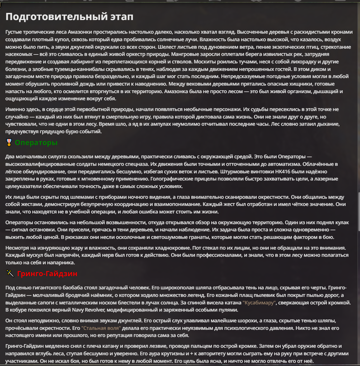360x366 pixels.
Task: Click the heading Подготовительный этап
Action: click(69, 16)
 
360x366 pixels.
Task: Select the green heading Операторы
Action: click(36, 143)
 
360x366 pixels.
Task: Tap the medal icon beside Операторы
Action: click(9, 143)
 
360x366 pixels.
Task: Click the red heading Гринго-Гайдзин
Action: click(47, 274)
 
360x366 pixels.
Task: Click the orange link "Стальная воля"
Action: click(101, 328)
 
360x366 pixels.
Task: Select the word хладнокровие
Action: click(157, 247)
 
